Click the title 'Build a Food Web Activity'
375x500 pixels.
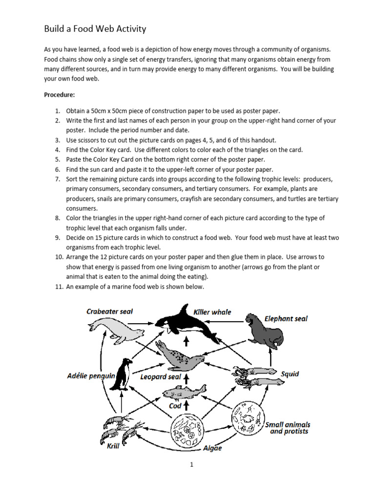coord(95,29)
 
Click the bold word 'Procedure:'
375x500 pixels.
coord(61,94)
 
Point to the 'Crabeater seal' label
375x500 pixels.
coord(109,311)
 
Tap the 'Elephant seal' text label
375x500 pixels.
coord(286,319)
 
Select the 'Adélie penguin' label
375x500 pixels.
coord(91,376)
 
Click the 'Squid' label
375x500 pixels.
coord(290,374)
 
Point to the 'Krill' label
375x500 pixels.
coord(113,446)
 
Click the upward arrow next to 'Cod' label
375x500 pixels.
coord(186,405)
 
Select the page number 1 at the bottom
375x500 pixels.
coord(192,465)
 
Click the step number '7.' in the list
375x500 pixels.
coord(57,180)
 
